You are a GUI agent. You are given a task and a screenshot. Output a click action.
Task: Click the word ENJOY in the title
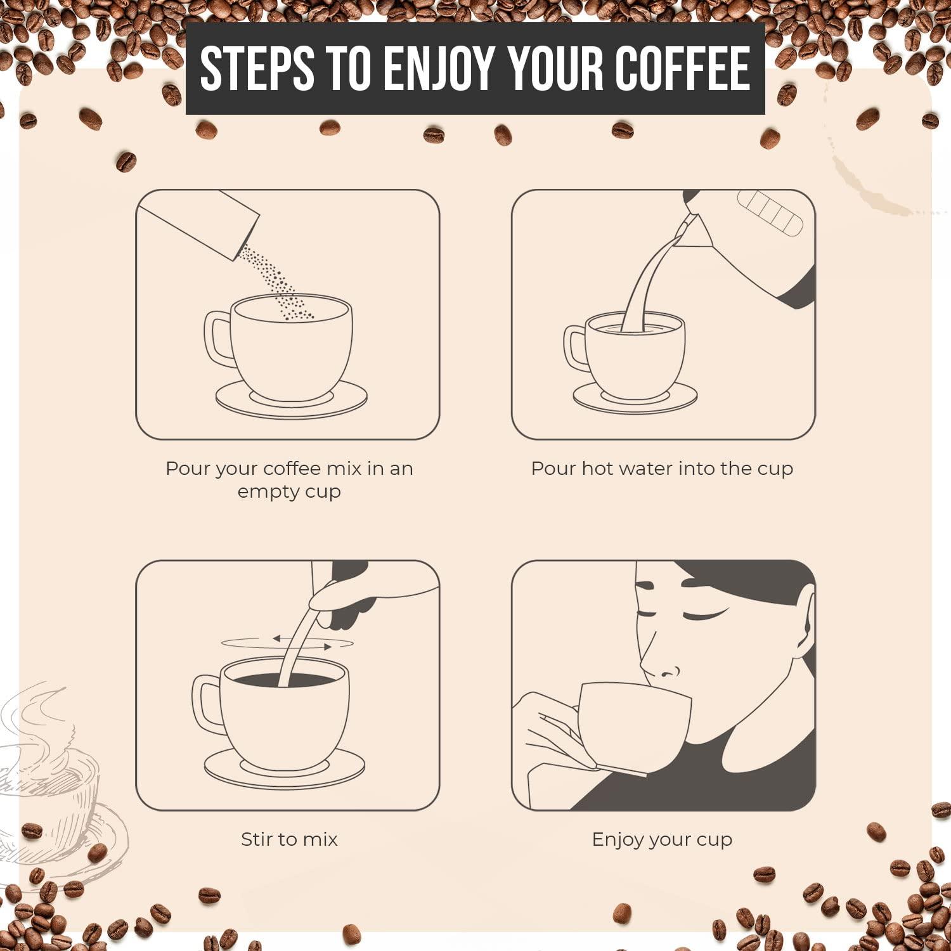tap(439, 68)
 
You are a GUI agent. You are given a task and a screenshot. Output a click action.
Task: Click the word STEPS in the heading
tap(257, 68)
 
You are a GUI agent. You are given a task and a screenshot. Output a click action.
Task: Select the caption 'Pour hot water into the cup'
tap(662, 469)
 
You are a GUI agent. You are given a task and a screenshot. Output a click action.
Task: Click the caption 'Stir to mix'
tap(289, 839)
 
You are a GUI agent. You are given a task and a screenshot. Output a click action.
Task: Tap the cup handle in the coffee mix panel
tap(218, 339)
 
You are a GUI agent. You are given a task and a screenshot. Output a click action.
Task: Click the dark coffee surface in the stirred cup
tap(284, 680)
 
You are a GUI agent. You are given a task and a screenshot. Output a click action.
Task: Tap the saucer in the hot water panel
tap(635, 397)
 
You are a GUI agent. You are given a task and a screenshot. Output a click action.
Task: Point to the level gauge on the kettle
tap(770, 213)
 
